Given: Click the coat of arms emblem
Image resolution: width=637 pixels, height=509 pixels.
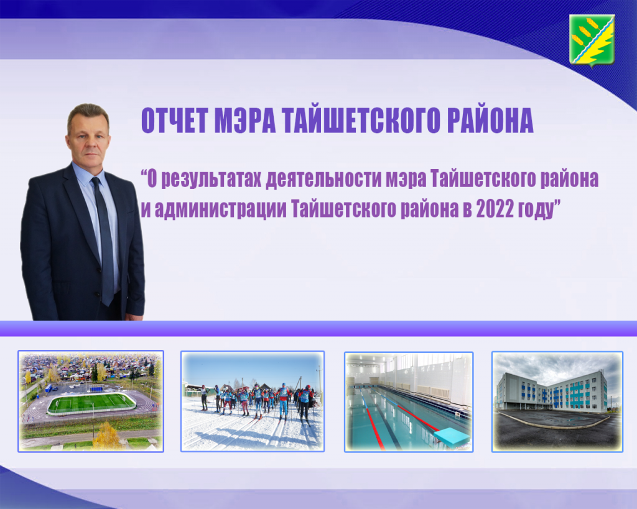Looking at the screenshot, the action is pos(592,40).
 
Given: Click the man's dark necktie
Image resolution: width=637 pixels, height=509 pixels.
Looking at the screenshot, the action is pos(104,239).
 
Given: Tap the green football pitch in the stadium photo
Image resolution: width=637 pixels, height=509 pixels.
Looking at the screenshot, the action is pos(91,403).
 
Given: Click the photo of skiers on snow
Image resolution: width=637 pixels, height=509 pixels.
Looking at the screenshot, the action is pos(253,401).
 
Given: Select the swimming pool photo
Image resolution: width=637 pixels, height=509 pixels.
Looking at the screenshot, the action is pos(409,401).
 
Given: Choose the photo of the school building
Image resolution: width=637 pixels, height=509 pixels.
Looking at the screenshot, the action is pos(557,401).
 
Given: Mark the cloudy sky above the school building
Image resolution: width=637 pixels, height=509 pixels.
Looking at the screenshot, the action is pos(557,366).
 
